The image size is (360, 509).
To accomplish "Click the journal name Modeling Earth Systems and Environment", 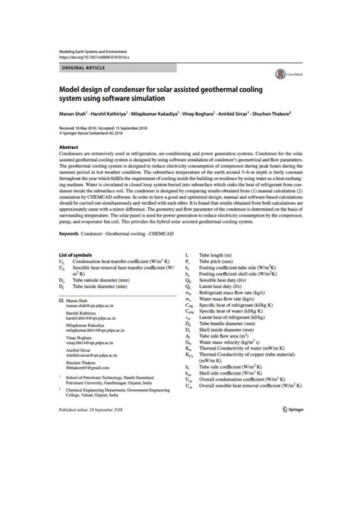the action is pyautogui.click(x=99, y=50).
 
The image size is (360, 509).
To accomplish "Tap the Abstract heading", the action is pyautogui.click(x=69, y=146).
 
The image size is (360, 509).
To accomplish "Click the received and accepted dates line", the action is pyautogui.click(x=106, y=129).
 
